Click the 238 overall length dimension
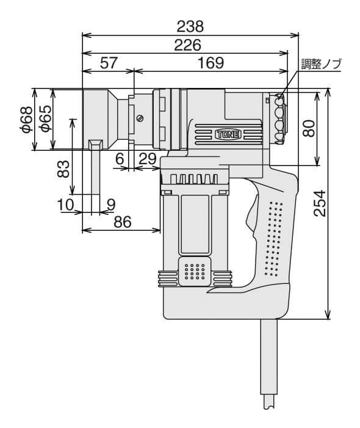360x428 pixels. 190,26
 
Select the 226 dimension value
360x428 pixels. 188,45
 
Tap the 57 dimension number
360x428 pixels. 109,63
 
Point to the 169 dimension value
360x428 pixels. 211,63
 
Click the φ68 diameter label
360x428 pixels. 27,120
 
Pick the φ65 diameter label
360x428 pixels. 46,118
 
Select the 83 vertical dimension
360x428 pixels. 64,169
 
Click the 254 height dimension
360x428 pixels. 320,204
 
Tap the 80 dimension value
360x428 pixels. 309,128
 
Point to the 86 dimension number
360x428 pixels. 123,222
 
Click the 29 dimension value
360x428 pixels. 148,159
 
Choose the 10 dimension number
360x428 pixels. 66,205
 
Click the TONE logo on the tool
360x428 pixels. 229,134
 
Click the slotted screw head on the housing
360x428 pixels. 140,118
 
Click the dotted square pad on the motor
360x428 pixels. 195,271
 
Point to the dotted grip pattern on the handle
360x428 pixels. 273,239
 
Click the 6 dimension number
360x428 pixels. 120,159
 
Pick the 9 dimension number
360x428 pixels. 111,205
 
